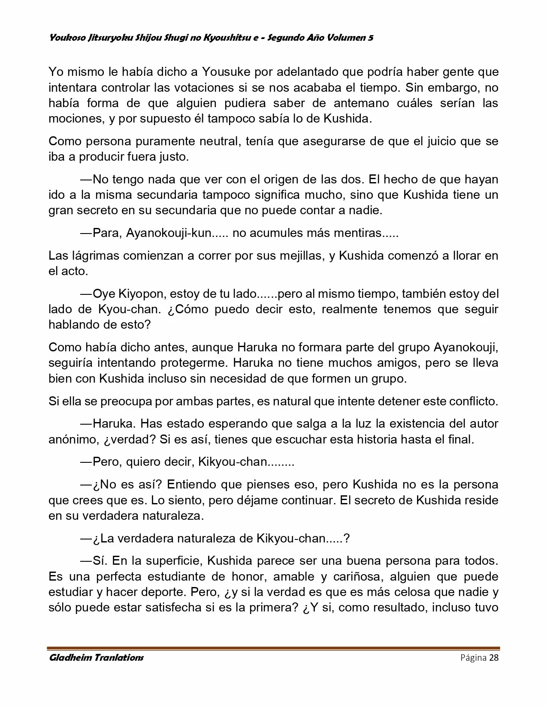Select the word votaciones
click(x=201, y=87)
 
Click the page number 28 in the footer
click(x=493, y=658)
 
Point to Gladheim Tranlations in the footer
click(x=96, y=658)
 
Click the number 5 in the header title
click(x=370, y=38)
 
